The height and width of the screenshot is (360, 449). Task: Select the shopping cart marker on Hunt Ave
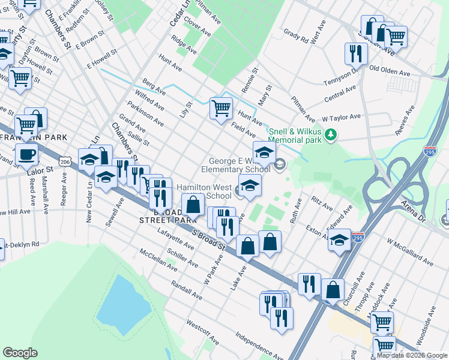(221, 108)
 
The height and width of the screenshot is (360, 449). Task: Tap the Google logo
(20, 353)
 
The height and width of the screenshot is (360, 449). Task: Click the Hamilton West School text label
(204, 191)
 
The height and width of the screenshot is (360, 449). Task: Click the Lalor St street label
(41, 170)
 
